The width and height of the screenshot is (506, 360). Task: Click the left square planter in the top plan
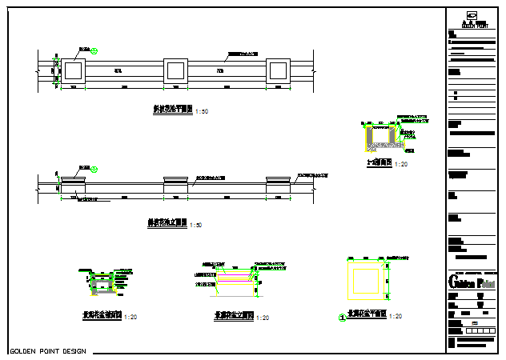pos(74,71)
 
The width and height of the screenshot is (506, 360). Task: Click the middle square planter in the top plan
pos(175,71)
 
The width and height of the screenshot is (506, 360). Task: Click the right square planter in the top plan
pos(278,71)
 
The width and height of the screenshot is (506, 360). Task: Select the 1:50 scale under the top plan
pos(202,111)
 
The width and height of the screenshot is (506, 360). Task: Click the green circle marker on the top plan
pos(94,51)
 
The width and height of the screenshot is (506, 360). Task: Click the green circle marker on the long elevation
pos(94,169)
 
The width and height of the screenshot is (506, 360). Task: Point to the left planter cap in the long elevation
pos(73,181)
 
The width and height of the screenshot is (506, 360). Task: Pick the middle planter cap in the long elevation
pos(175,180)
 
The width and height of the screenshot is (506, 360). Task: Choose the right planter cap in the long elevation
pos(278,180)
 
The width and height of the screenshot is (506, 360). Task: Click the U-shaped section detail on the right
pos(382,137)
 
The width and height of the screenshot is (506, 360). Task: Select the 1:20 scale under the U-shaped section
pos(402,164)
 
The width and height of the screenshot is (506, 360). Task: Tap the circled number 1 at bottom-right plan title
pos(343,317)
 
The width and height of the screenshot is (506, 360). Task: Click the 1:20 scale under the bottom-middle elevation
pos(263,318)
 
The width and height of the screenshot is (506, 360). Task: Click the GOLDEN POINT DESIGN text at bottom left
pos(46,351)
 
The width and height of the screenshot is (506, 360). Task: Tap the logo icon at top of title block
pos(472,14)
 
